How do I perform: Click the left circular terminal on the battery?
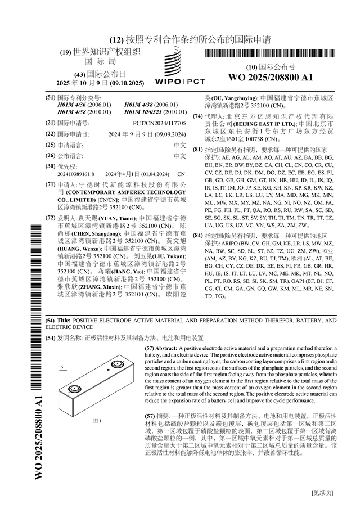click(73, 389)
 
